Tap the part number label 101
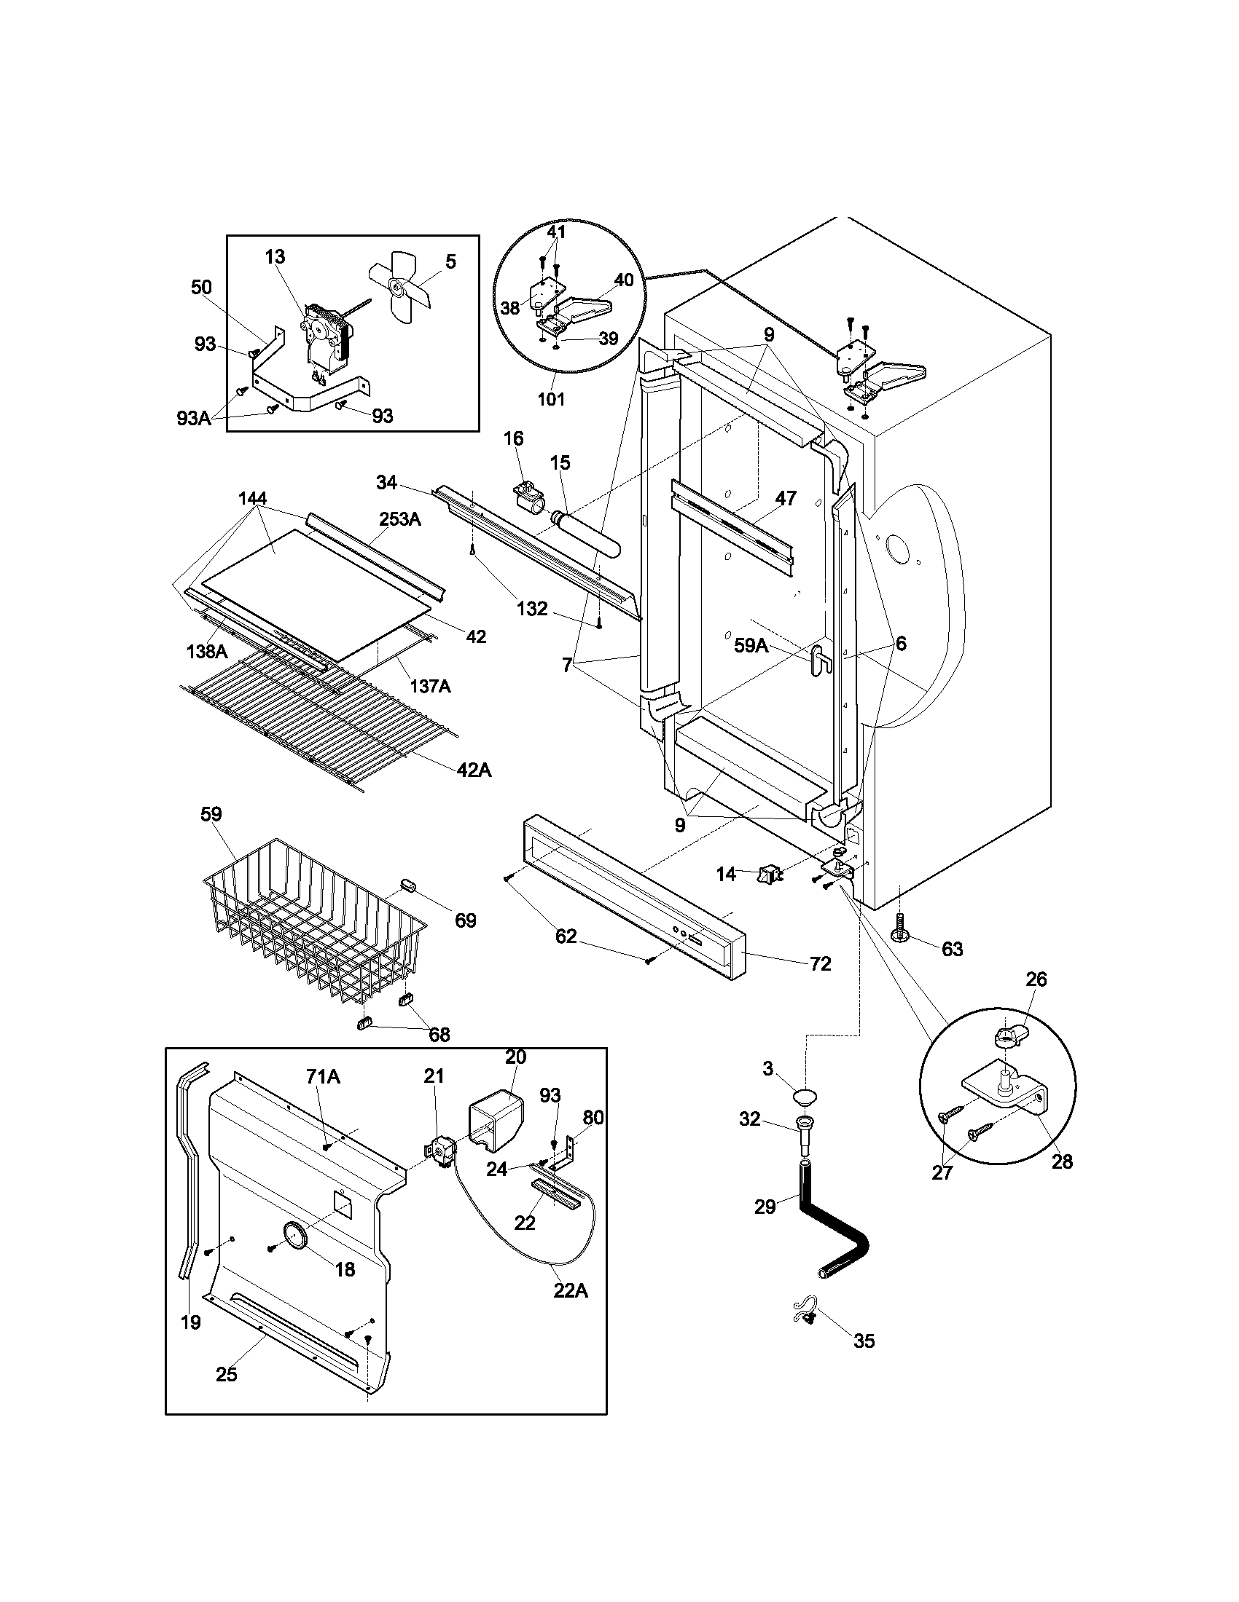[x=551, y=399]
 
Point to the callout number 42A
[x=474, y=770]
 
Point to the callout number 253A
[x=400, y=519]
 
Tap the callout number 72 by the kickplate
[x=820, y=963]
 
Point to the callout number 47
[x=786, y=498]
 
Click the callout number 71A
[x=323, y=1077]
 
